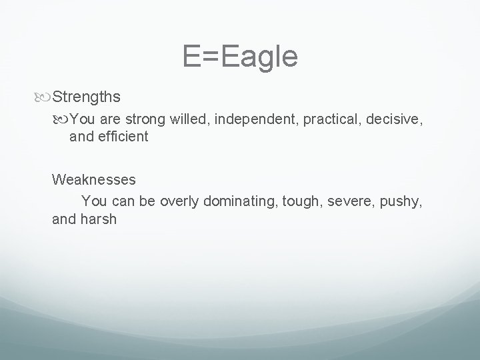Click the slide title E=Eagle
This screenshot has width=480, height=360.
(240, 57)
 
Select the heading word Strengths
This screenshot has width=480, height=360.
(86, 97)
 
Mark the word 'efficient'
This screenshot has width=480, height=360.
(121, 137)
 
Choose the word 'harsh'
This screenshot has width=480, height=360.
(98, 218)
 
